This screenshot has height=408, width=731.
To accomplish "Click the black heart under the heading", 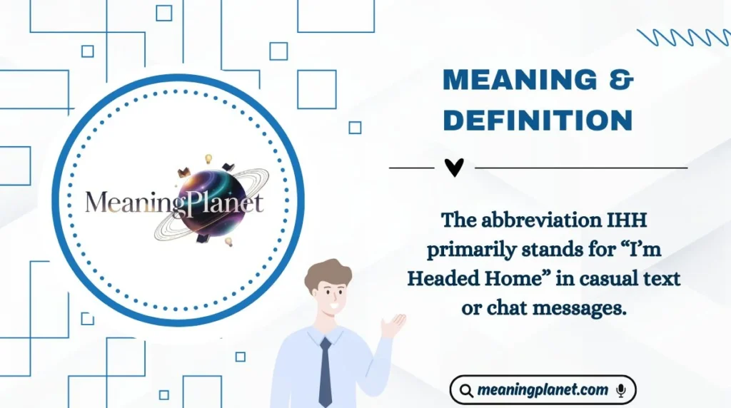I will tap(454, 168).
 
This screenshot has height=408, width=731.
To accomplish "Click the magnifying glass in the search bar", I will tap(466, 391).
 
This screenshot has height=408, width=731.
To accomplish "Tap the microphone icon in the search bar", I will tap(620, 390).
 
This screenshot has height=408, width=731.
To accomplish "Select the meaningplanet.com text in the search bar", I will tap(543, 390).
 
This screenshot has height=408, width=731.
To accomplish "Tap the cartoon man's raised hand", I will tap(393, 325).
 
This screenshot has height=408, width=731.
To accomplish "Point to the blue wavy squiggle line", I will tap(683, 37).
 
